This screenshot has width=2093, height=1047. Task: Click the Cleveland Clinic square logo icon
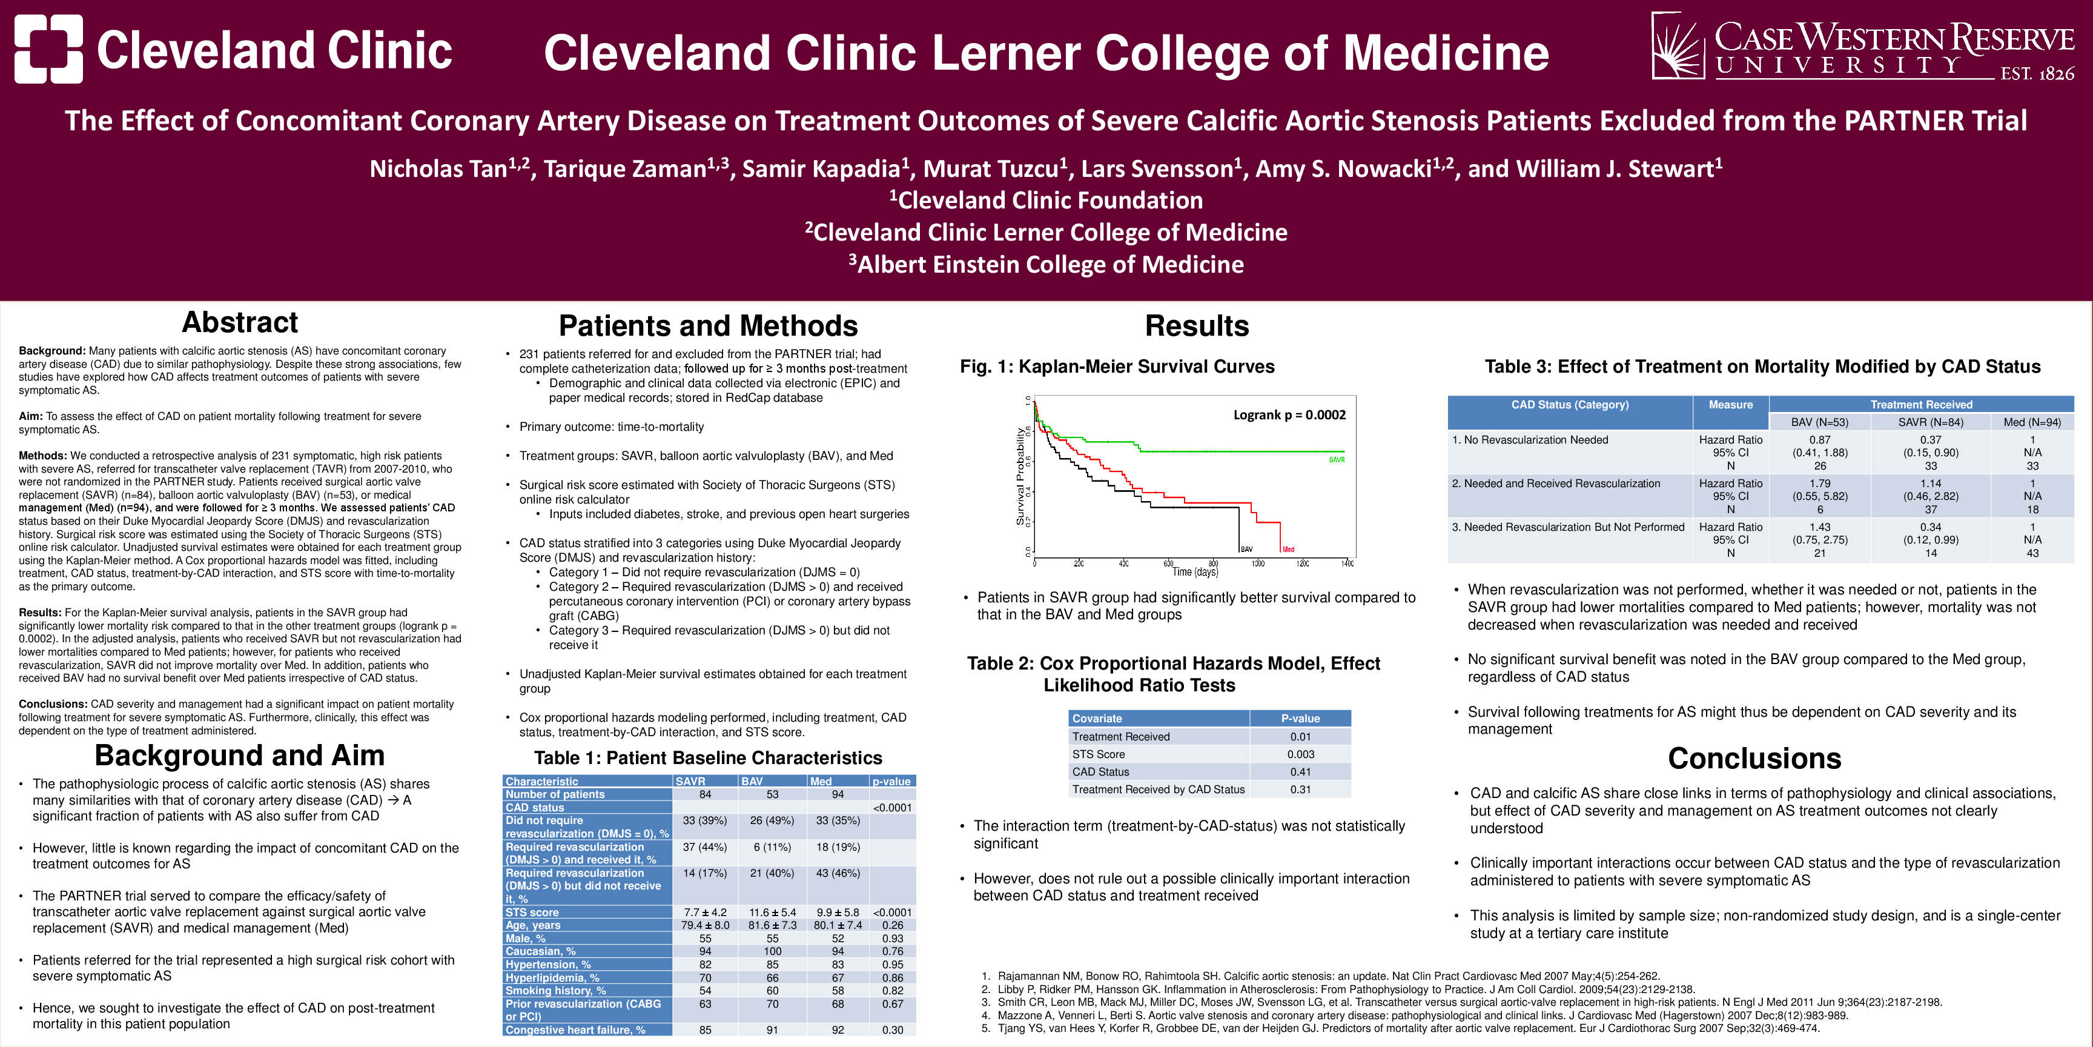coord(48,48)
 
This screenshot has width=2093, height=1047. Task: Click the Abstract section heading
coord(240,323)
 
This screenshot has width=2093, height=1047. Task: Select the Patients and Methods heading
coord(708,326)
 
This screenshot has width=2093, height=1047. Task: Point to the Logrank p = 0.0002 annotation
coord(1289,414)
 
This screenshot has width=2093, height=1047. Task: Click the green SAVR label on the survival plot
coord(1337,460)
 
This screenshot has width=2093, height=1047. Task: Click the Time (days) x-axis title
coord(1195,572)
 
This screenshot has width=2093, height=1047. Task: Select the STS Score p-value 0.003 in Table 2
coord(1300,754)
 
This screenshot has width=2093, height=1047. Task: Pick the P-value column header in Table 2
coord(1300,719)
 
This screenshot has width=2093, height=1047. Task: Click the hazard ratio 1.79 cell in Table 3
coord(1819,483)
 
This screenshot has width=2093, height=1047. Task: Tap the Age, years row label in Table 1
coord(533,925)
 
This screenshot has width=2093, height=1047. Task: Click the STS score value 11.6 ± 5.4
coord(772,912)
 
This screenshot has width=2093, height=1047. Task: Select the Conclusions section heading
coord(1754,759)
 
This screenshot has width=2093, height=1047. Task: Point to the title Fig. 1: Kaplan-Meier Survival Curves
coord(1117,367)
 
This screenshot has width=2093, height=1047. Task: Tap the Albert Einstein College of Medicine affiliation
coord(1046,264)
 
